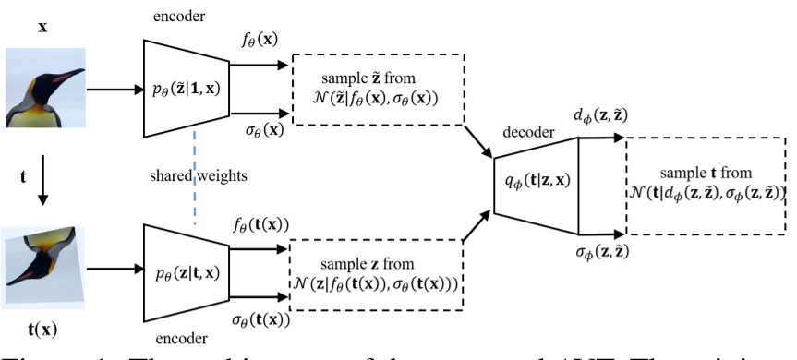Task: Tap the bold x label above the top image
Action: (x=42, y=28)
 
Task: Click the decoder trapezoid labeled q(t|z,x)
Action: (x=535, y=185)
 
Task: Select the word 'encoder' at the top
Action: (x=181, y=16)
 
